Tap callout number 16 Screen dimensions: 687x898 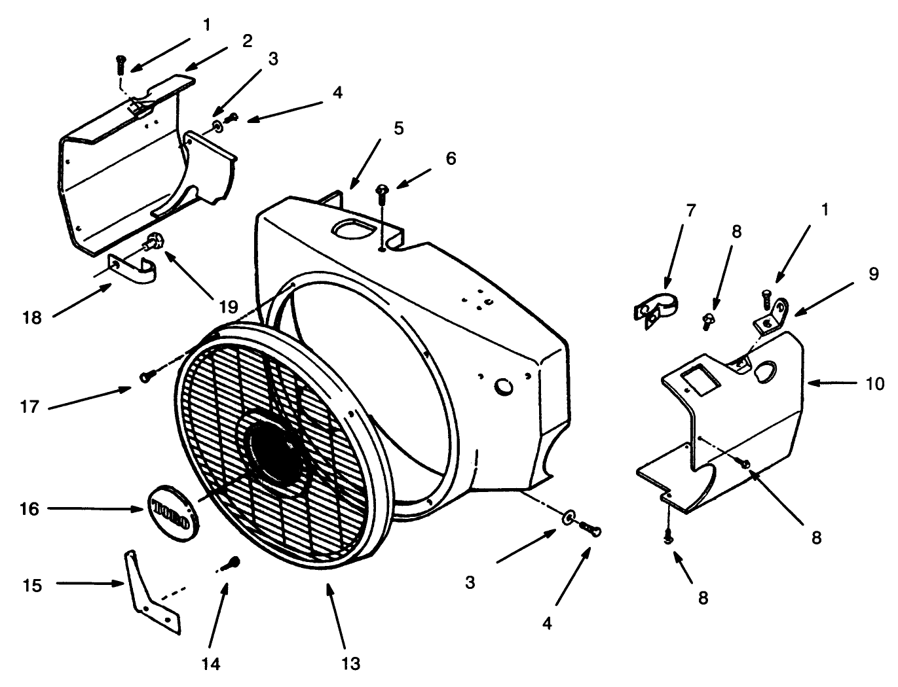click(x=29, y=508)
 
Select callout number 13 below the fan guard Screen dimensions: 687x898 click(x=350, y=663)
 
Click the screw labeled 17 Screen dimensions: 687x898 click(x=147, y=376)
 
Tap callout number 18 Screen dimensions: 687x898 click(x=31, y=318)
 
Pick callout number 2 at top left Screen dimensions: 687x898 click(x=247, y=41)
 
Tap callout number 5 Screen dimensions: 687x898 click(x=398, y=128)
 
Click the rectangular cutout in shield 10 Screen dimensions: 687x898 click(x=698, y=381)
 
